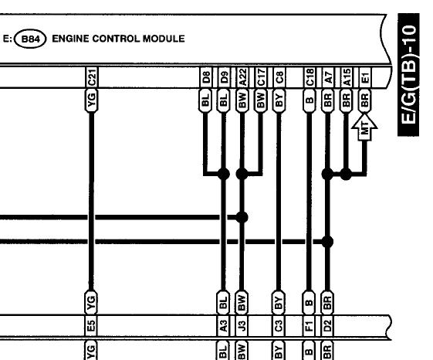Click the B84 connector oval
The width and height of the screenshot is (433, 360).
tap(30, 39)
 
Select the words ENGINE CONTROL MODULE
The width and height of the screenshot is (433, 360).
tap(118, 39)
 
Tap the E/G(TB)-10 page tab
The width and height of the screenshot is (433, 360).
tap(408, 74)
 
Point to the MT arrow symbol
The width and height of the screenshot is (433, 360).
tap(364, 127)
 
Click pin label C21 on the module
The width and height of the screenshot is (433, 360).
tap(92, 77)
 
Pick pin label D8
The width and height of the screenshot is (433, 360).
tap(206, 77)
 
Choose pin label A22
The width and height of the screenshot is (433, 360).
tap(242, 77)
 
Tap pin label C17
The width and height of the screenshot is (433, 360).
tap(261, 77)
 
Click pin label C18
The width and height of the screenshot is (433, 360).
tap(310, 77)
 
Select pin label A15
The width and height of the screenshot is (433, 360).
tap(347, 77)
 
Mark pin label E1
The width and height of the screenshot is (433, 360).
tap(365, 77)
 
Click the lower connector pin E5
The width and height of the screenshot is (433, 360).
tap(91, 325)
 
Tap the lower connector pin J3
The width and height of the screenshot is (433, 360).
tap(242, 325)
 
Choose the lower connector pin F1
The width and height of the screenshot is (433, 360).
tap(309, 325)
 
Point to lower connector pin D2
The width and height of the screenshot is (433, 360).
tap(327, 325)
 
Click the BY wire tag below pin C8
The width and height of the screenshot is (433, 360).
tap(279, 100)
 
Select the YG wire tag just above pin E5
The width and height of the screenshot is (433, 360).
tap(91, 302)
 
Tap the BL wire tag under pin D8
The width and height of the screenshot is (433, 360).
tap(205, 100)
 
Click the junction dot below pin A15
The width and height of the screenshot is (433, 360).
tap(346, 174)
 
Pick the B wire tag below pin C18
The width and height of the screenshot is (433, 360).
tap(310, 100)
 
